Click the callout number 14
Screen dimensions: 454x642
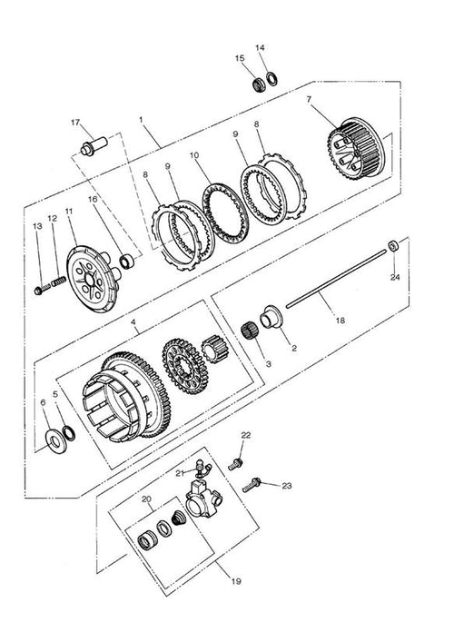pos(260,48)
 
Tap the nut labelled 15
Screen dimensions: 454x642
pos(258,84)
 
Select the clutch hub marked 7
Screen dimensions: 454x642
pos(355,148)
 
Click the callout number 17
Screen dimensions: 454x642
pos(75,123)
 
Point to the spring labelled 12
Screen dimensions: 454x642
pos(58,281)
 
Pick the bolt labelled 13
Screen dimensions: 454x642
pos(42,290)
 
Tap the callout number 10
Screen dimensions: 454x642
pos(194,155)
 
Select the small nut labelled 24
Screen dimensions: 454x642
pos(393,246)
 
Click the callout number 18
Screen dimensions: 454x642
pos(340,321)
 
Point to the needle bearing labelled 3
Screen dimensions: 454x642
pos(249,331)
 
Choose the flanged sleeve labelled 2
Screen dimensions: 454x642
pos(271,317)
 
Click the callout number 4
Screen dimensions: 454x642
pos(133,321)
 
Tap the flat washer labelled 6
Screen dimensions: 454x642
pos(57,442)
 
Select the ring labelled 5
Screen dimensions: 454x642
pos(69,433)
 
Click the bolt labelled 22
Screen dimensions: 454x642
pos(236,464)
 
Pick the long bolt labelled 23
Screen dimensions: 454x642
pos(252,485)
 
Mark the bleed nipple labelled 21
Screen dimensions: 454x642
pos(202,468)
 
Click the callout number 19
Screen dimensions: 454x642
pos(236,581)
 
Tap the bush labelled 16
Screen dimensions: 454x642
pos(127,262)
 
